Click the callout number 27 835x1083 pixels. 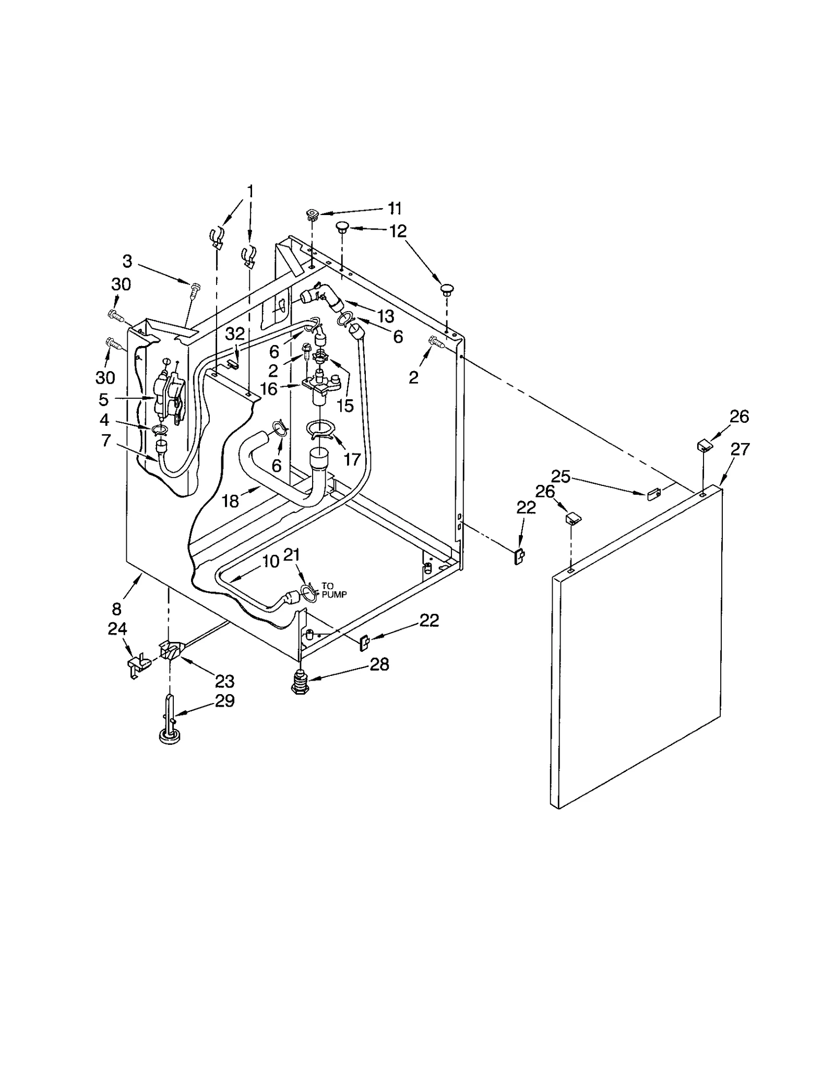(x=739, y=449)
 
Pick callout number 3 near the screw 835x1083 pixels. (x=127, y=261)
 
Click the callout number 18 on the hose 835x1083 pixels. (x=230, y=501)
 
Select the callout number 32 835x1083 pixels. (x=235, y=334)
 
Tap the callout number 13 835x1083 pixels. (x=386, y=316)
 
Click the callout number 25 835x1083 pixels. (x=560, y=476)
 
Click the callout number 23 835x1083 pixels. (x=225, y=681)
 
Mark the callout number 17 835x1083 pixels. (x=352, y=459)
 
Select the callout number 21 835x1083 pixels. (x=292, y=555)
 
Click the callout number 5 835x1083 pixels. (x=103, y=400)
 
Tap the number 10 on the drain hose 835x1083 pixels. (x=270, y=562)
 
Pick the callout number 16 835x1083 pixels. (x=269, y=389)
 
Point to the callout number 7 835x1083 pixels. (x=106, y=441)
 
